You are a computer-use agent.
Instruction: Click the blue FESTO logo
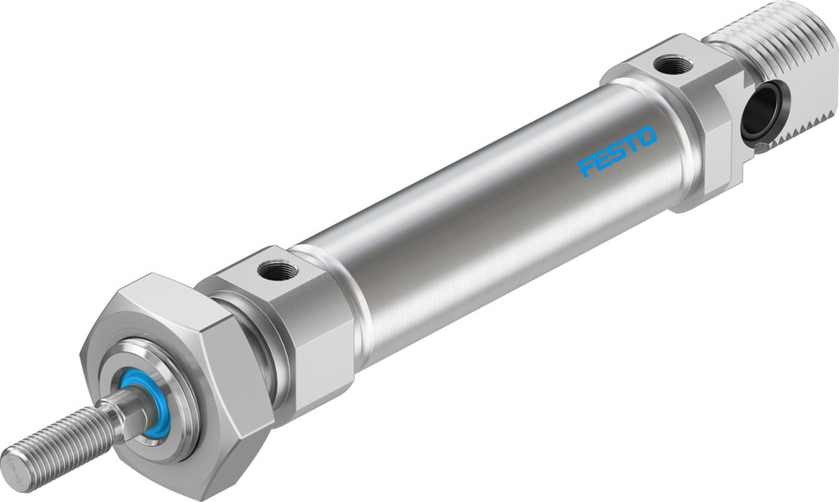tap(617, 151)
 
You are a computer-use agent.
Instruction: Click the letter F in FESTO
tap(586, 166)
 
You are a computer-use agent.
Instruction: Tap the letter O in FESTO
tap(646, 137)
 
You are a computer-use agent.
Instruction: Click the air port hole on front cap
tap(278, 270)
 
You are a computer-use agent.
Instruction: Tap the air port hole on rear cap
tap(674, 64)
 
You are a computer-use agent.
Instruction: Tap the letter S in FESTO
tap(617, 151)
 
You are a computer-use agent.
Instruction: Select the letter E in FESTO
tap(601, 159)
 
